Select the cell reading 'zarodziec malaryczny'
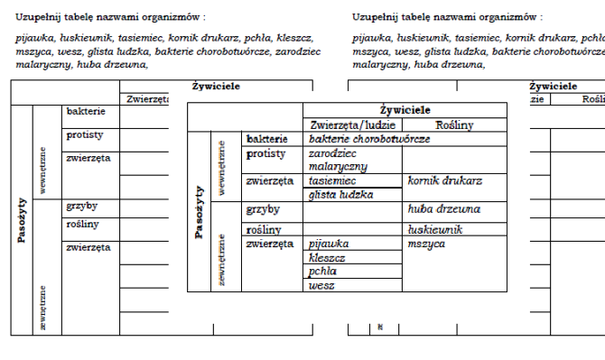[x=338, y=161]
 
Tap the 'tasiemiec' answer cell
[x=333, y=181]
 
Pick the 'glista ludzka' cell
[x=340, y=195]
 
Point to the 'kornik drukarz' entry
[x=445, y=181]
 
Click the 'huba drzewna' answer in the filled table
[x=443, y=209]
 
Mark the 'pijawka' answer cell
[x=328, y=244]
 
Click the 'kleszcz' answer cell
[x=327, y=257]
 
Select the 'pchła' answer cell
[x=322, y=271]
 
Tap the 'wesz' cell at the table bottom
[x=321, y=285]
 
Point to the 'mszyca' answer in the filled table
[x=425, y=244]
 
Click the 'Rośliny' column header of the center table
[x=454, y=125]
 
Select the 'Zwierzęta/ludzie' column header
[x=352, y=125]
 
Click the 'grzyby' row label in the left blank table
[x=82, y=206]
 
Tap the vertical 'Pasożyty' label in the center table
[x=199, y=212]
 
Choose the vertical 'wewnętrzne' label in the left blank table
[x=42, y=169]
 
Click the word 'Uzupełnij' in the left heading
[x=37, y=17]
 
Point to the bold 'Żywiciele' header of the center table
[x=405, y=110]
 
